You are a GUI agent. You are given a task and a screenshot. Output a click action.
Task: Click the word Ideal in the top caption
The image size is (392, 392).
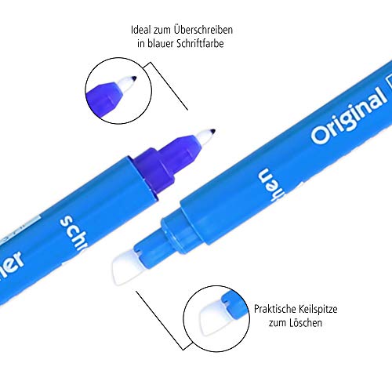click(143, 31)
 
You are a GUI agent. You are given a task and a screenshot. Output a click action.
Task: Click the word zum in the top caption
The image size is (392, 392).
click(164, 31)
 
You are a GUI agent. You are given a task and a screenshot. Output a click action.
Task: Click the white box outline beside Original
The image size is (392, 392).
click(387, 98)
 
